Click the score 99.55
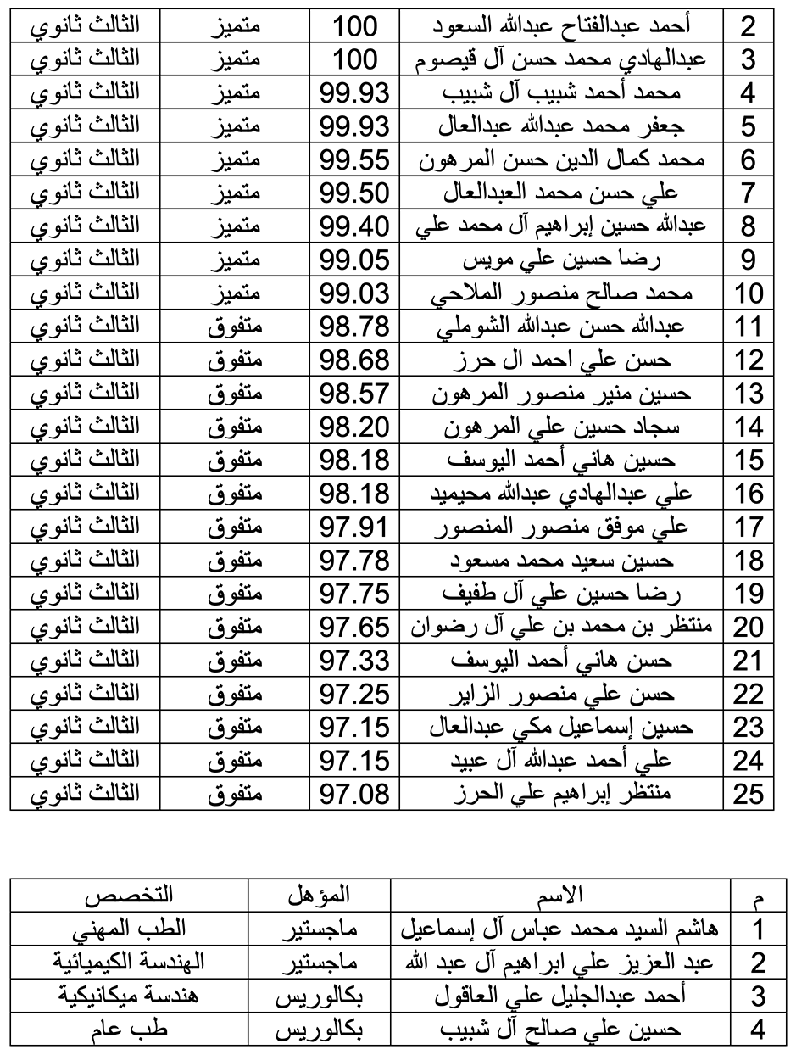coord(354,159)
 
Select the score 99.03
coord(354,293)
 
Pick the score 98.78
coord(354,327)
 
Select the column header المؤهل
coord(319,895)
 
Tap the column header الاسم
coord(561,895)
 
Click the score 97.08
coord(354,794)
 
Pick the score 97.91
coord(354,527)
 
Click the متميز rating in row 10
coord(234,293)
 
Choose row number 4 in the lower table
coord(758,1030)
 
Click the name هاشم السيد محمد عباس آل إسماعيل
coord(561,929)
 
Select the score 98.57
coord(354,394)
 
